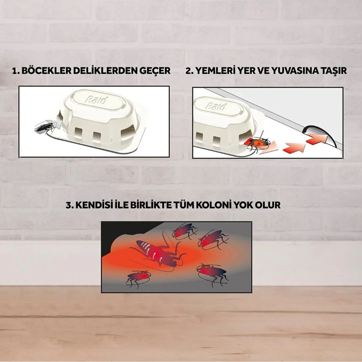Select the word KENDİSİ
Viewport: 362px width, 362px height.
click(x=93, y=205)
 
